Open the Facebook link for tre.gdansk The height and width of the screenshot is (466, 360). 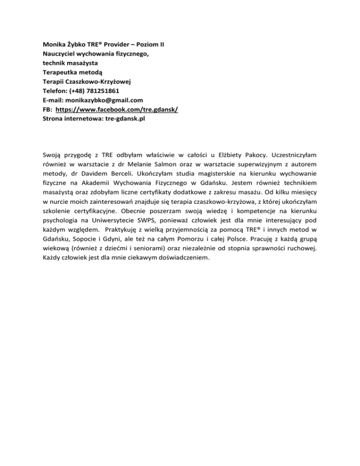click(x=117, y=109)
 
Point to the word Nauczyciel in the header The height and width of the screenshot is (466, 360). click(x=55, y=54)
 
